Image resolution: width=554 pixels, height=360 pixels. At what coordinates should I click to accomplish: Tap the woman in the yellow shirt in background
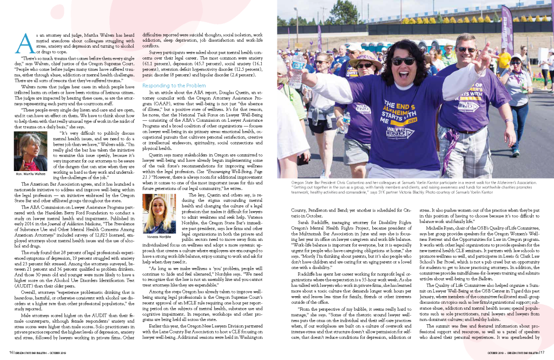coord(503,58)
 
